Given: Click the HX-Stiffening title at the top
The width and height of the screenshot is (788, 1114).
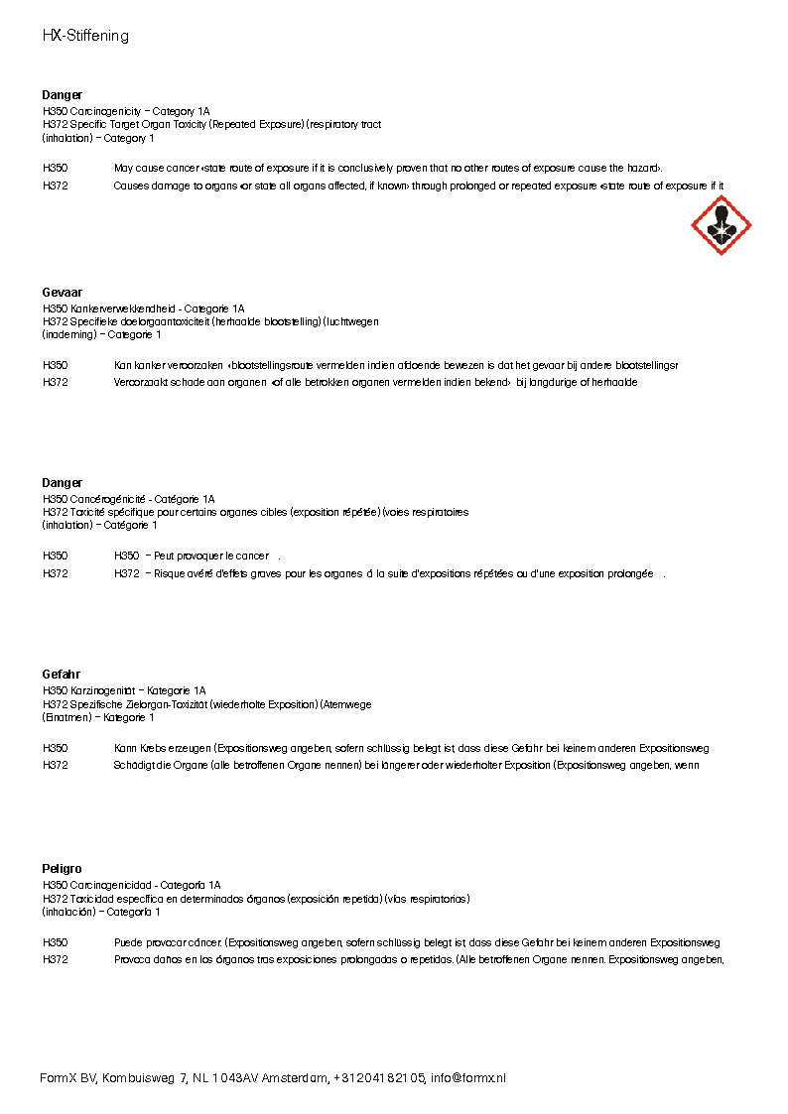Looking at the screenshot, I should click(x=85, y=36).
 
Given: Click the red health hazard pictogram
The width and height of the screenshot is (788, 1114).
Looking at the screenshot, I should click(x=722, y=225).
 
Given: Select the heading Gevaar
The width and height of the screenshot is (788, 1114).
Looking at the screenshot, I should click(x=62, y=293).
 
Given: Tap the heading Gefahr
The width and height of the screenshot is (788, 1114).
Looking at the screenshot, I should click(x=61, y=675).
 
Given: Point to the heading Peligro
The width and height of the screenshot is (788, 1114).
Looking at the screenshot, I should click(x=62, y=868).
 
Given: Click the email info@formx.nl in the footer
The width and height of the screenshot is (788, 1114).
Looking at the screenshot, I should click(x=467, y=1078).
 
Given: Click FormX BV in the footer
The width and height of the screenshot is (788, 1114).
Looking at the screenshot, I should click(x=67, y=1078).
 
